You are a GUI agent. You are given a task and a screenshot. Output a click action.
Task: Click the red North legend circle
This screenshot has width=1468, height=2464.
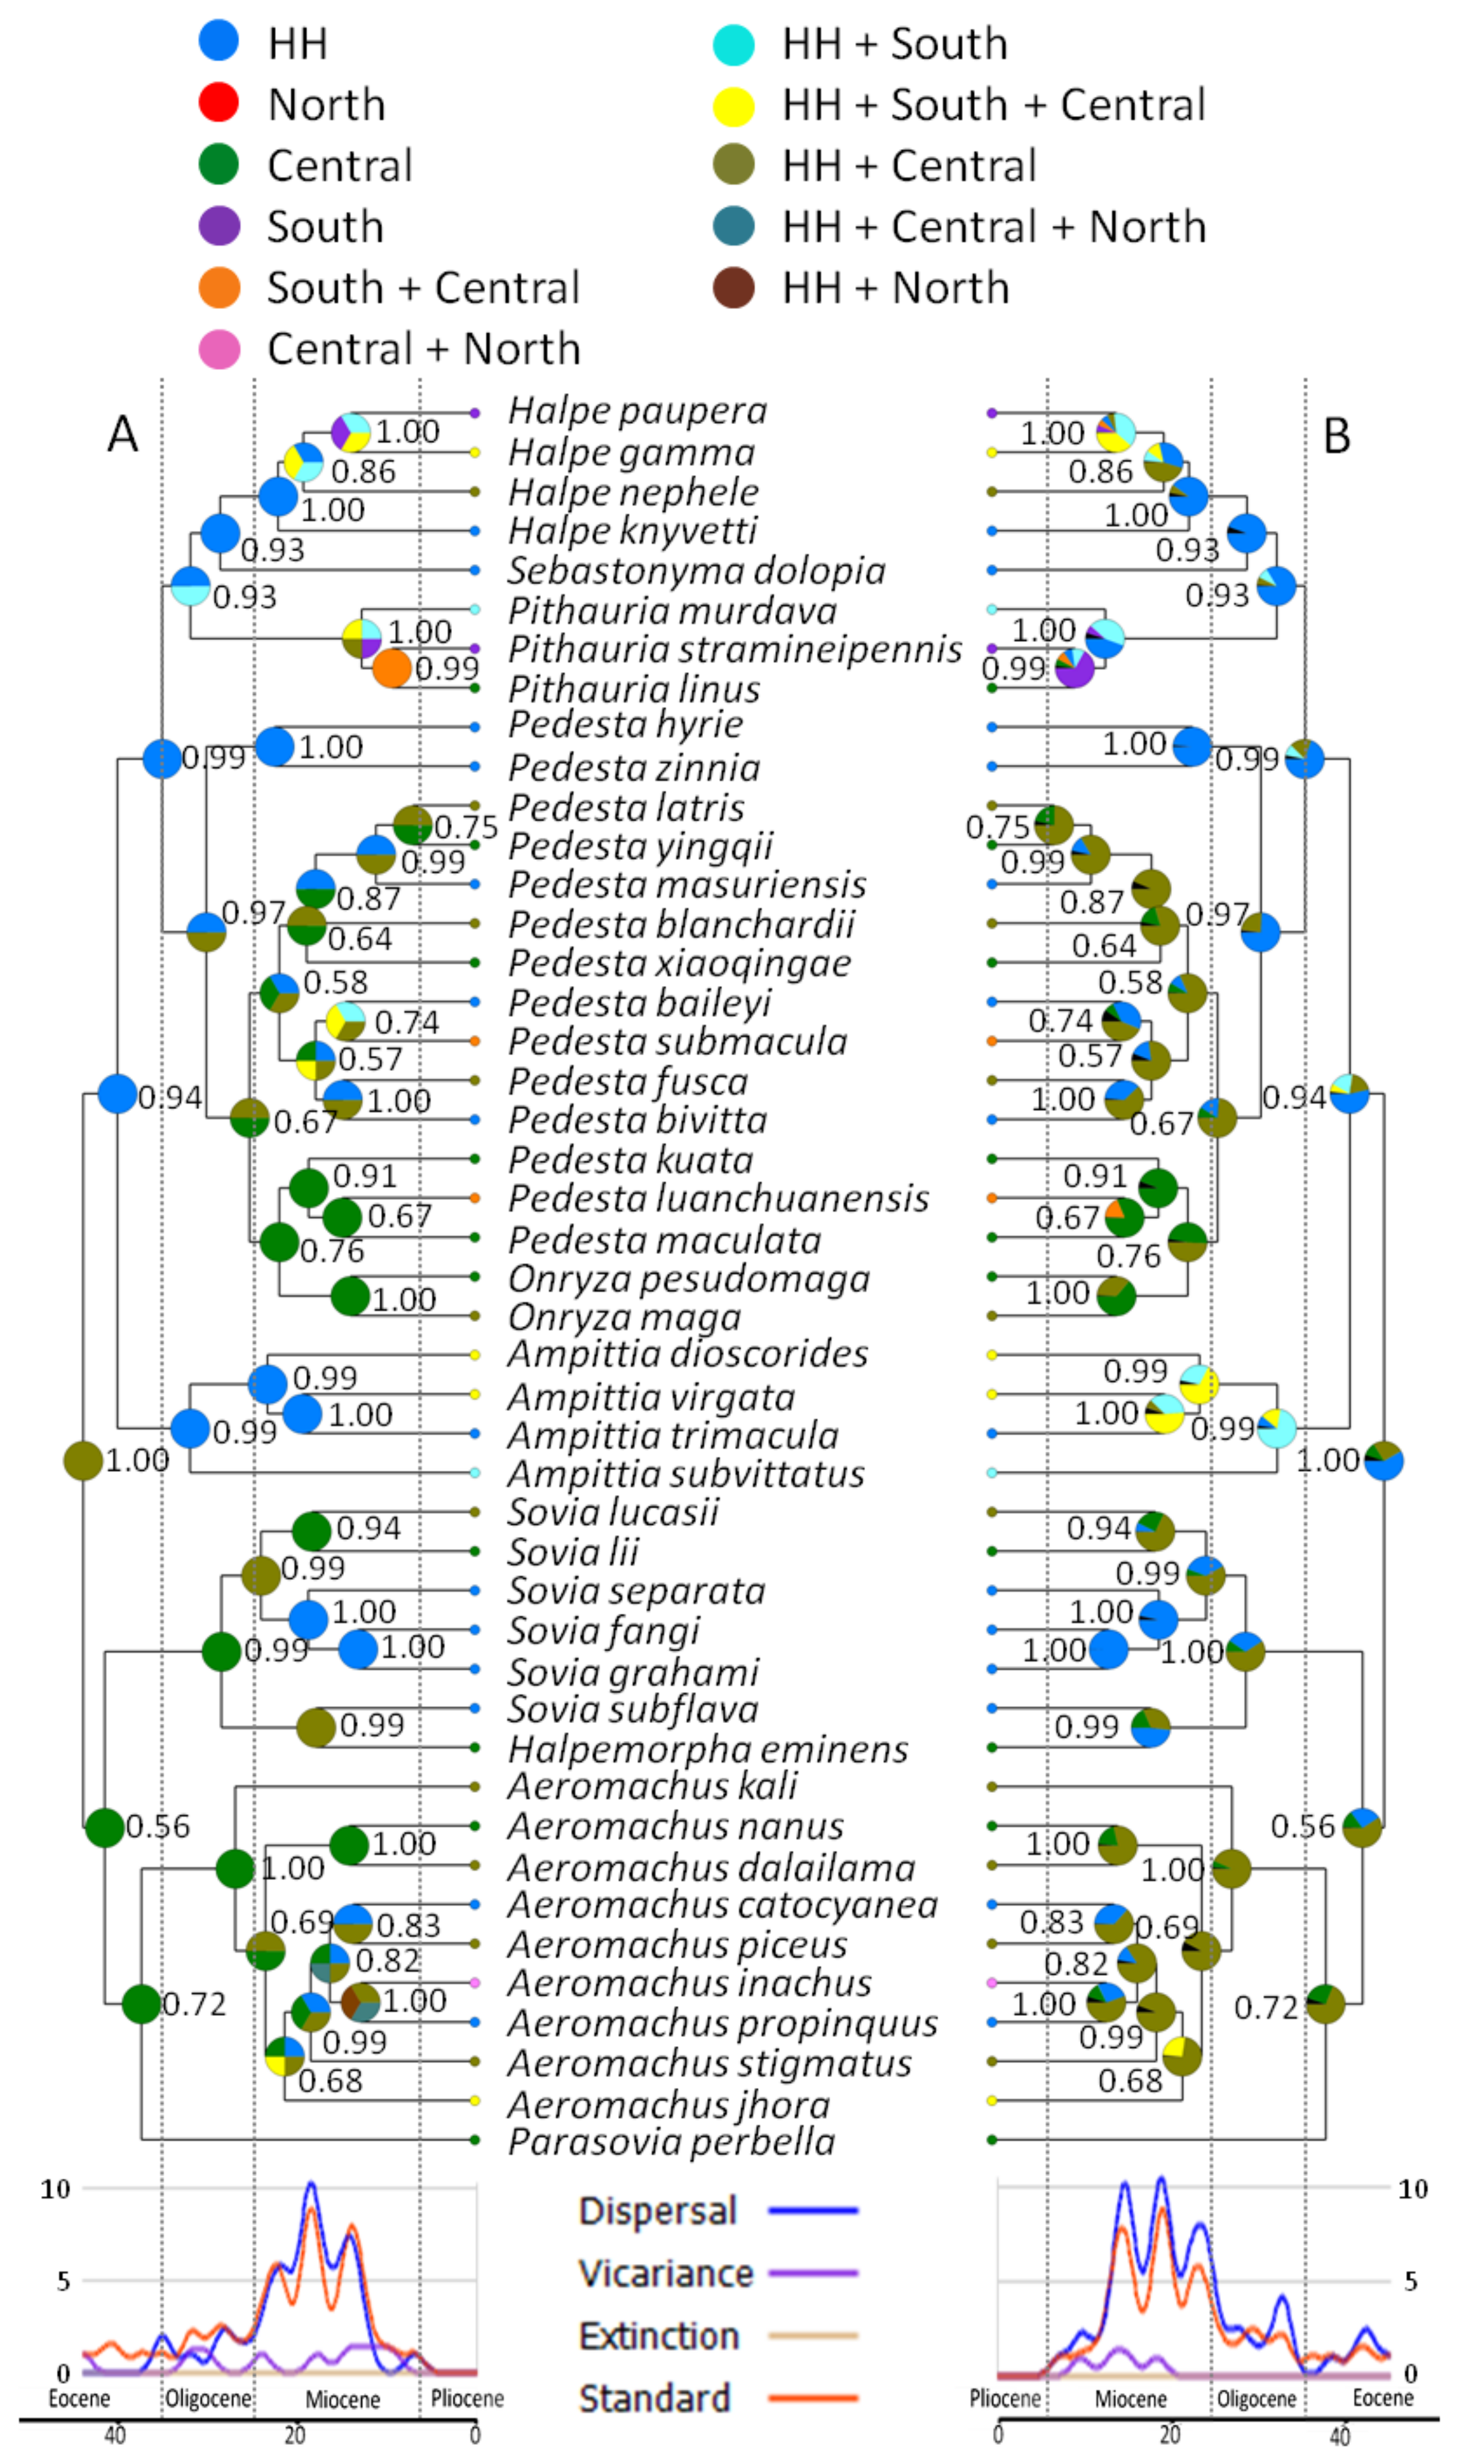pyautogui.click(x=218, y=103)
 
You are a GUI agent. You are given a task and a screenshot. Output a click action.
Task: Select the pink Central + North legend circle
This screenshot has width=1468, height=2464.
pyautogui.click(x=218, y=349)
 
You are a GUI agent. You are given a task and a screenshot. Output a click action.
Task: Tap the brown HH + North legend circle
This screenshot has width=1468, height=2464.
pyautogui.click(x=733, y=287)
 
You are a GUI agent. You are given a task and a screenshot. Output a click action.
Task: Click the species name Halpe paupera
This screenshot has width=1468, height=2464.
pyautogui.click(x=637, y=410)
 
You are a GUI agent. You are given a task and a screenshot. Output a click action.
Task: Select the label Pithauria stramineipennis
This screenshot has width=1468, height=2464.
pyautogui.click(x=734, y=649)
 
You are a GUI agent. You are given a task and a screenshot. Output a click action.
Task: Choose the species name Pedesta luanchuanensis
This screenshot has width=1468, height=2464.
pyautogui.click(x=718, y=1198)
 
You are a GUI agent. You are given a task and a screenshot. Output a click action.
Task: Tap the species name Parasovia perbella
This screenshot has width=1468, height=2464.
pyautogui.click(x=671, y=2141)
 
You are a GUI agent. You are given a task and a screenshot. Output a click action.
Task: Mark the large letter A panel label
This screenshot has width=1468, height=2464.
pyautogui.click(x=123, y=435)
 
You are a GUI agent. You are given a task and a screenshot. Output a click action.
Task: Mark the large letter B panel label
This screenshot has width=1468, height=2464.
pyautogui.click(x=1336, y=435)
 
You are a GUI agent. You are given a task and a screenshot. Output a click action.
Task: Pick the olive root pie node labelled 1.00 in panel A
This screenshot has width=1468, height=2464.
pyautogui.click(x=83, y=1461)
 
